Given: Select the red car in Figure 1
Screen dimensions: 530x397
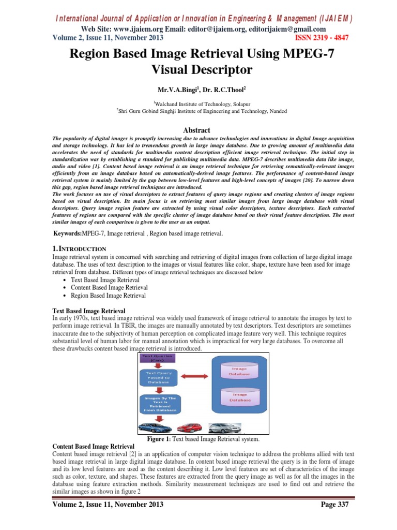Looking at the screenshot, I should (x=190, y=427).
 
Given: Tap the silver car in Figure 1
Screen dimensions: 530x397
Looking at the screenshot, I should (x=223, y=427).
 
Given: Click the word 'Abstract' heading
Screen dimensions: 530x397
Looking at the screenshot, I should (x=198, y=130).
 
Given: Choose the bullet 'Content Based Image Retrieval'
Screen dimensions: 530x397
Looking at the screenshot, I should (x=109, y=287).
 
